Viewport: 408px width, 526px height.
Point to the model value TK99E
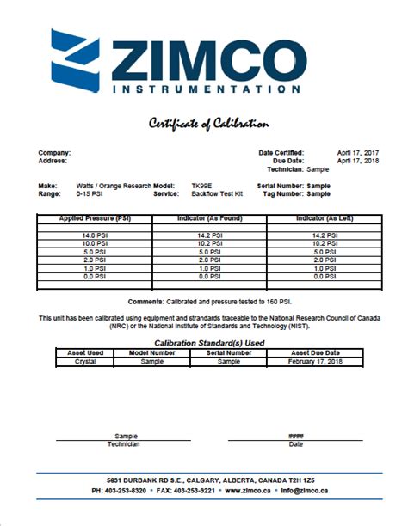click(x=181, y=186)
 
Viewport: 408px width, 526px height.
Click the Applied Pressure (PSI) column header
click(x=95, y=219)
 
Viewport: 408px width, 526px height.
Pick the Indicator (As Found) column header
click(x=209, y=219)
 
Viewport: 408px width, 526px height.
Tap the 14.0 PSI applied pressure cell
click(x=95, y=235)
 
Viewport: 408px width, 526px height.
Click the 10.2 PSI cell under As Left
click(x=324, y=242)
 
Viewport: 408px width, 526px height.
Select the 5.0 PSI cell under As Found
click(x=209, y=251)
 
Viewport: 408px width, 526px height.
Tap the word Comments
click(x=145, y=302)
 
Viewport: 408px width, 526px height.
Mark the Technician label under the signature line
click(x=124, y=443)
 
